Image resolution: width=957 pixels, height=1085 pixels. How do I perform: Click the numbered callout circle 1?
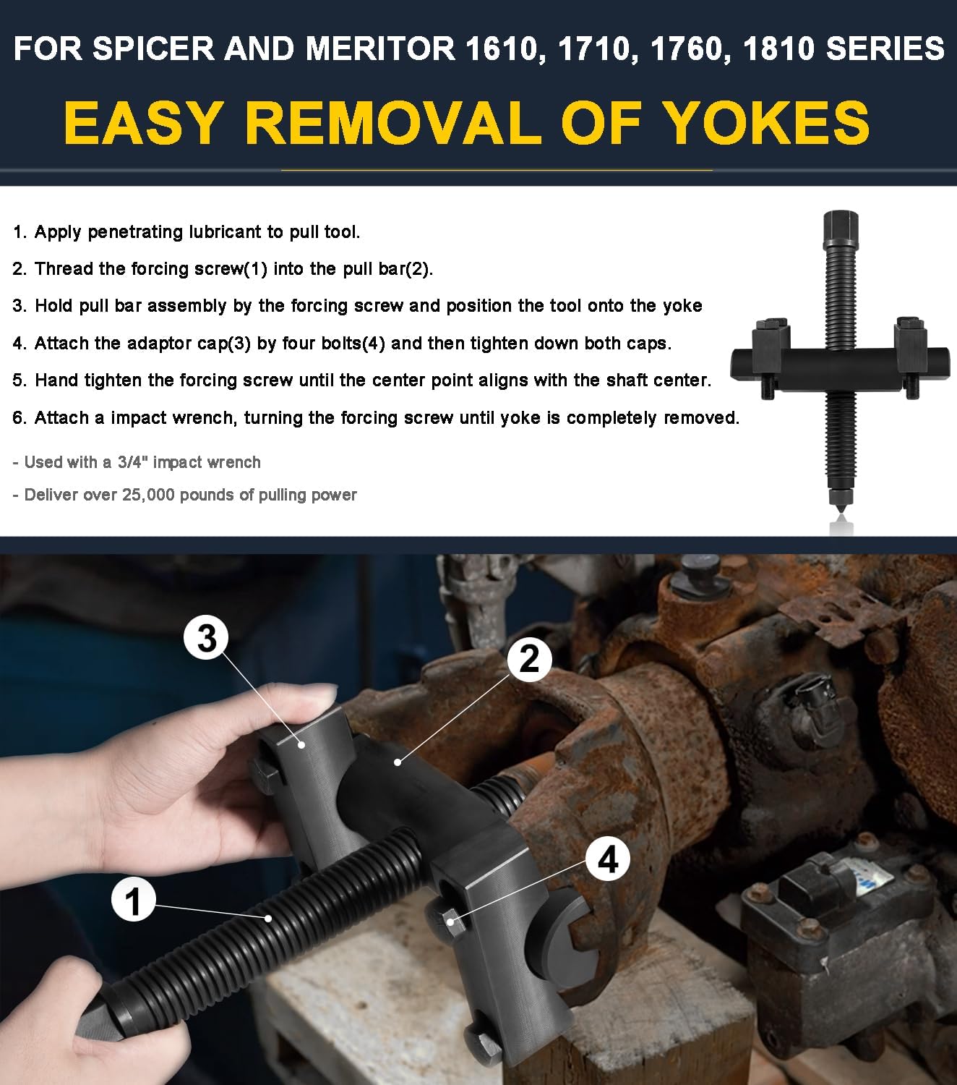134,901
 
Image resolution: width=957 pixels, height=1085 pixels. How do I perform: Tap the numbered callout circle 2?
529,659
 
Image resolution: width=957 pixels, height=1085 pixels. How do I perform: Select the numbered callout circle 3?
207,638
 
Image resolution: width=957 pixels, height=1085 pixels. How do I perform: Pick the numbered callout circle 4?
608,859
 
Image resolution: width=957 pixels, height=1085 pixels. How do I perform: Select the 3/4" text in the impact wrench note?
133,462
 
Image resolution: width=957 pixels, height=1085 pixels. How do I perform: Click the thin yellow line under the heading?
497,171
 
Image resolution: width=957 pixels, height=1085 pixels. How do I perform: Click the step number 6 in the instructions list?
18,418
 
